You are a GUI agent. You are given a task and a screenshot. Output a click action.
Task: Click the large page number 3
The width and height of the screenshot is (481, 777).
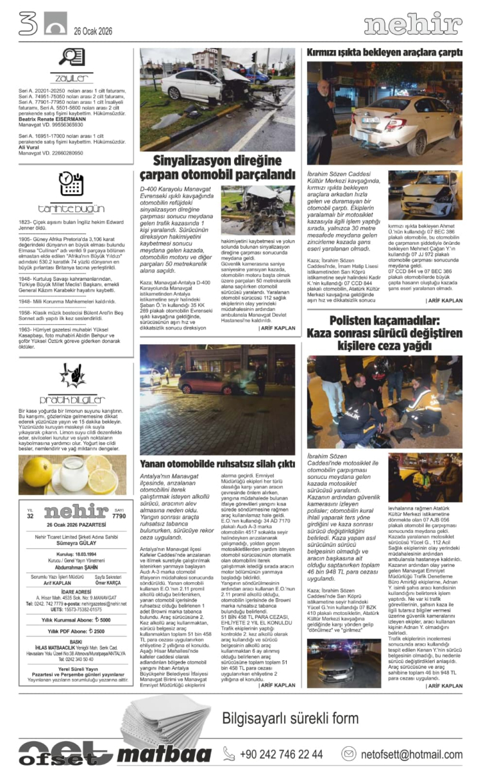[x=28, y=24]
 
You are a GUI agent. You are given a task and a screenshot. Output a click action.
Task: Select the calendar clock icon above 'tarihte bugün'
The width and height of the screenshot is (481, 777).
[x=71, y=185]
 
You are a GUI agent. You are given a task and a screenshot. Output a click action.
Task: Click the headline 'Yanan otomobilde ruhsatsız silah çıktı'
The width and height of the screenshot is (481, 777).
[x=217, y=463]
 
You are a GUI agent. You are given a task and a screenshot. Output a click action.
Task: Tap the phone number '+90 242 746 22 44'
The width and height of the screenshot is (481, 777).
[x=282, y=754]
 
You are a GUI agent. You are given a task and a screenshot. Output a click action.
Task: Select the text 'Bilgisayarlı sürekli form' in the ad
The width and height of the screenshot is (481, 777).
[x=304, y=717]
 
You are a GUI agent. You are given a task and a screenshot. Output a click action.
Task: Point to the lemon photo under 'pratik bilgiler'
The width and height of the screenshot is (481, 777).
[x=72, y=475]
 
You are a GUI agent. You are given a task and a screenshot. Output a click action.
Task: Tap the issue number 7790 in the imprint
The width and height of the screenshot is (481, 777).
[x=119, y=515]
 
